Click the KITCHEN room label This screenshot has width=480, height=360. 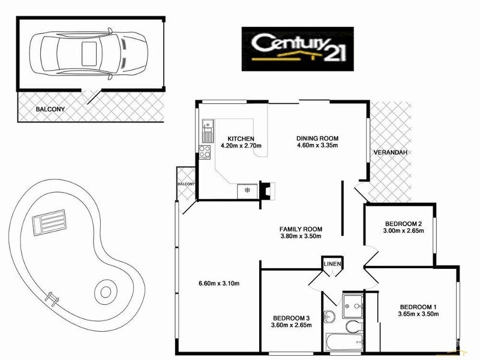point(233,138)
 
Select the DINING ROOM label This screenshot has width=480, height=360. point(317,138)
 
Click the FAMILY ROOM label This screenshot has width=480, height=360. point(301,229)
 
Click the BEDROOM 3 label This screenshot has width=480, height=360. point(291,317)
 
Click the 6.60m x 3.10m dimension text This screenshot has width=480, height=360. point(218,284)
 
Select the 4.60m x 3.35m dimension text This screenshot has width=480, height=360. point(317,145)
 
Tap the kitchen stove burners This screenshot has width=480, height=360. point(205,152)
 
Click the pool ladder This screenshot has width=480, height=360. point(52,296)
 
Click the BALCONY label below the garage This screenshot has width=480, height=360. point(50,109)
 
